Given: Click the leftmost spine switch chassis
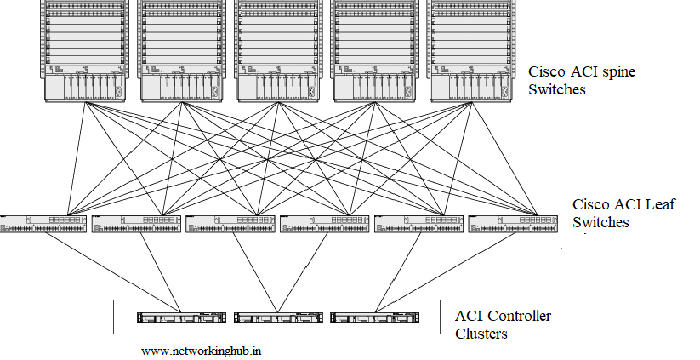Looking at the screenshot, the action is (x=85, y=51).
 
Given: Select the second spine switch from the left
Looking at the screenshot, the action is (x=181, y=51).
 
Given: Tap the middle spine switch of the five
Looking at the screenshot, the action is (x=277, y=51).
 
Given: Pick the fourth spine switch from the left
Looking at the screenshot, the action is (x=374, y=51).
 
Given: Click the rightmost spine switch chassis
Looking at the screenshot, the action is (x=470, y=51).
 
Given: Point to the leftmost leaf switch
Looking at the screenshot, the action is (x=43, y=224).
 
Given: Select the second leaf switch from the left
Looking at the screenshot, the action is (x=136, y=224).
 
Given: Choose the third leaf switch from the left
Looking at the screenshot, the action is (x=230, y=224).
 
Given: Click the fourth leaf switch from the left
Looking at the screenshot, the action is (x=325, y=224).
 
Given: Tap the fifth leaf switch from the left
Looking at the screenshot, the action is (x=418, y=224).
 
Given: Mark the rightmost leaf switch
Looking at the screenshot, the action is (x=513, y=224).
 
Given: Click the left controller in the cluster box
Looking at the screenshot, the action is (x=181, y=317).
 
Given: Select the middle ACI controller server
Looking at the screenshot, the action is (x=277, y=317).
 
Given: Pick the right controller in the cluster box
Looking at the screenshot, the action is (x=374, y=317).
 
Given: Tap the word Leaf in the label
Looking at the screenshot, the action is (x=658, y=204).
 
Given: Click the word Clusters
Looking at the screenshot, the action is (x=481, y=334).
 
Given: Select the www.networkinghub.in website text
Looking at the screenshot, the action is (x=202, y=351).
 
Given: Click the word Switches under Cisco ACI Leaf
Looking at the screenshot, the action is (x=600, y=222).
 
